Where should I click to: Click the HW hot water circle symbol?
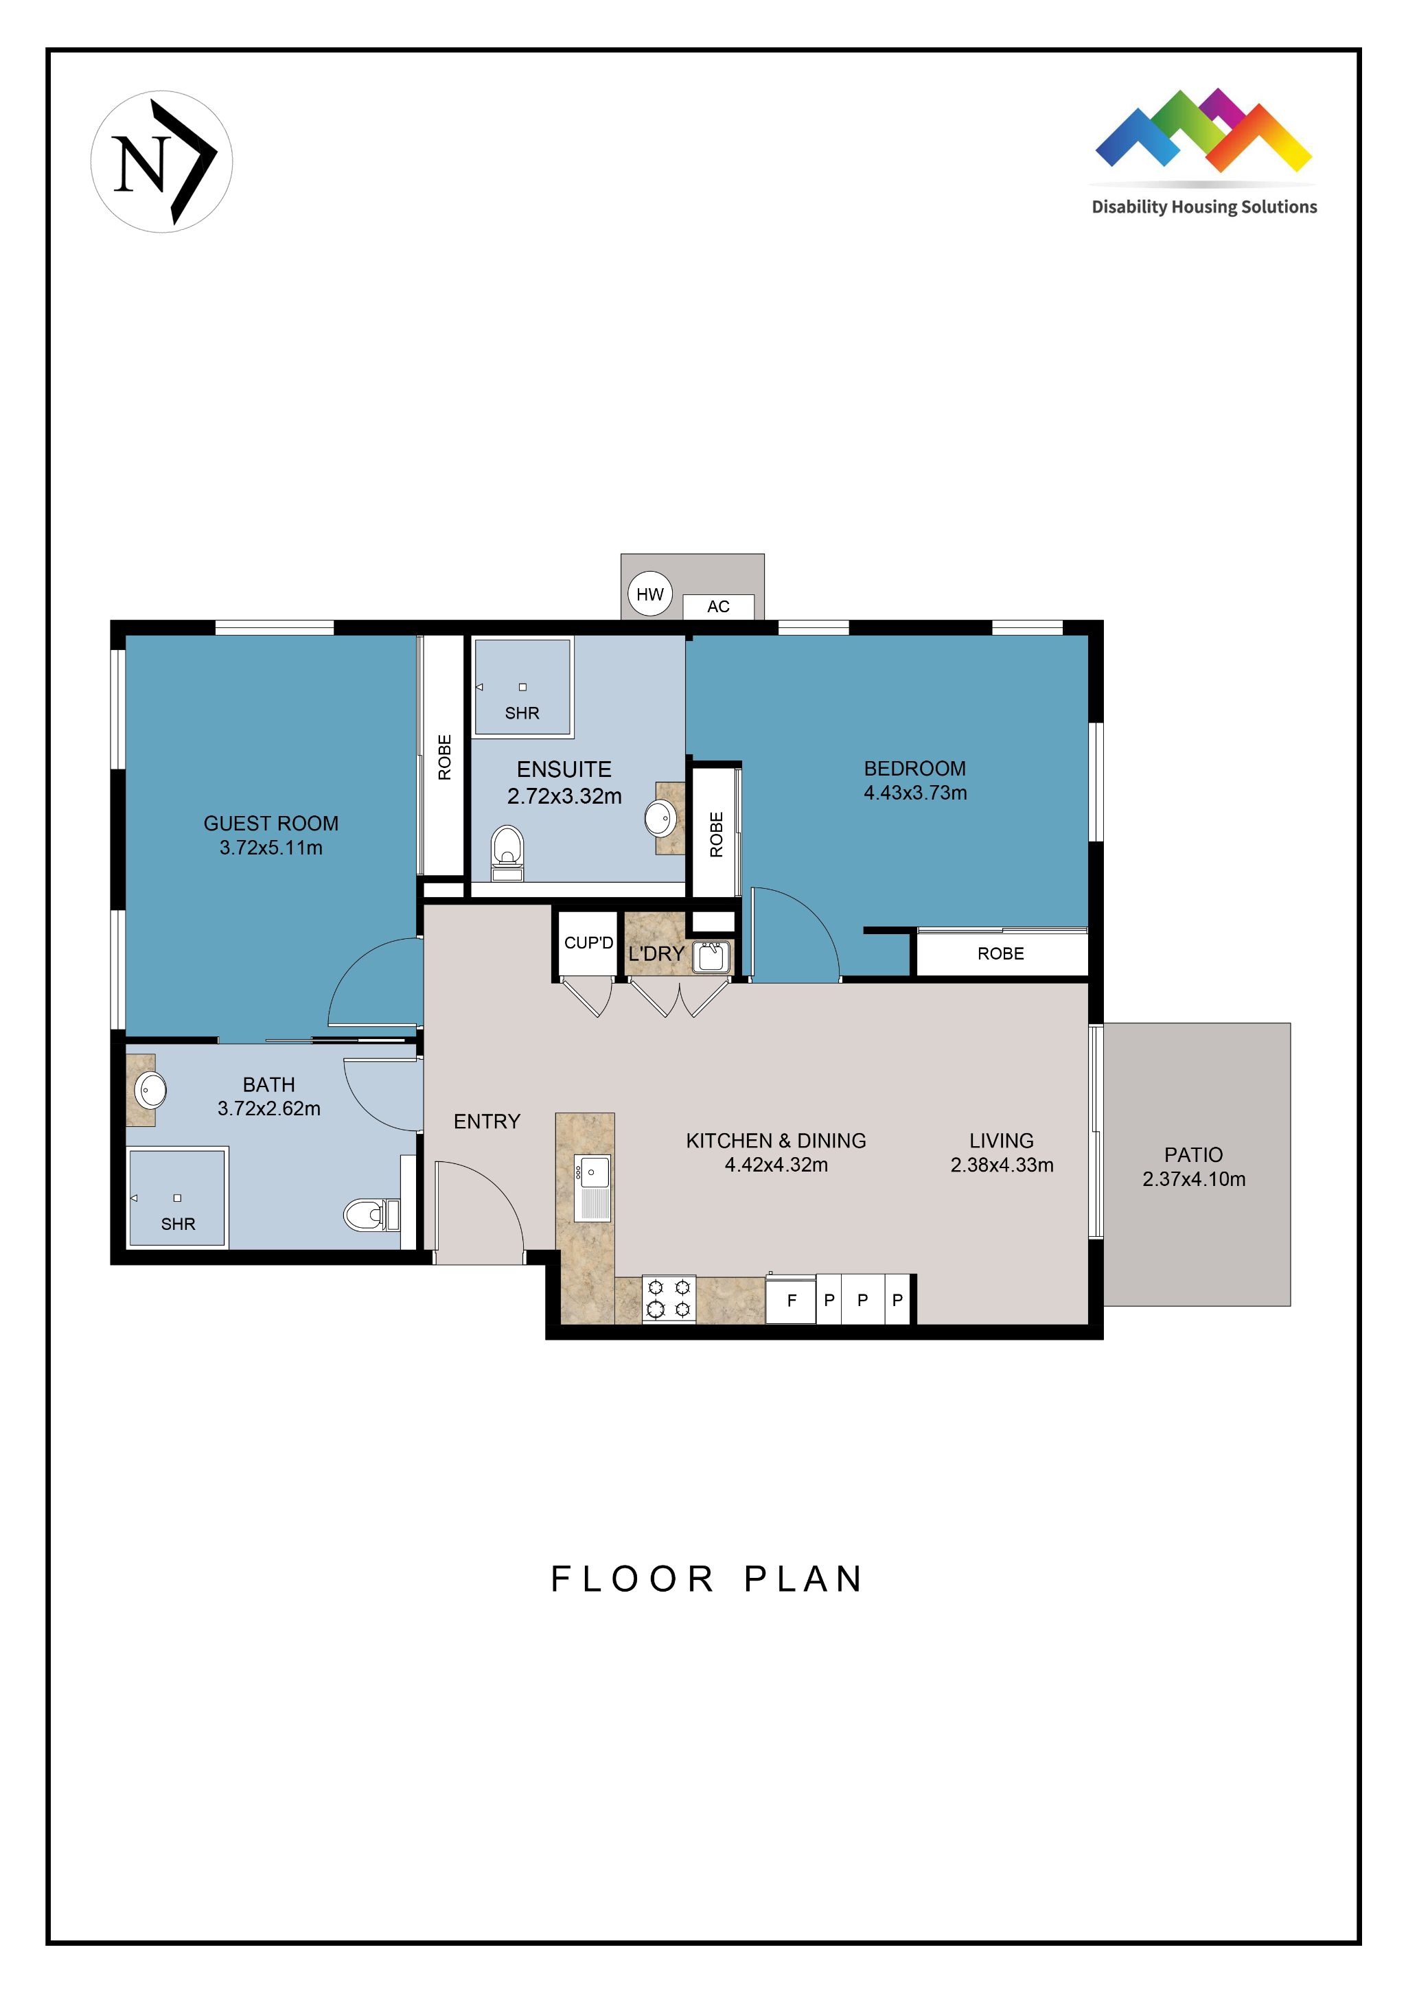649,594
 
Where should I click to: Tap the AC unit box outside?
717,607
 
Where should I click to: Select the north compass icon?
162,162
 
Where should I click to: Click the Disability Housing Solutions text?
1203,207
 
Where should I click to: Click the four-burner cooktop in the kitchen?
669,1299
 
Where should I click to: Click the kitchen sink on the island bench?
592,1187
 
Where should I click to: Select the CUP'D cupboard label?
588,942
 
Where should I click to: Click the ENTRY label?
487,1122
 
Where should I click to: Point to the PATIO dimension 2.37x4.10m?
1193,1179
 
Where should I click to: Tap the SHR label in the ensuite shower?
522,713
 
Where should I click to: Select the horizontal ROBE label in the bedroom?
1000,954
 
